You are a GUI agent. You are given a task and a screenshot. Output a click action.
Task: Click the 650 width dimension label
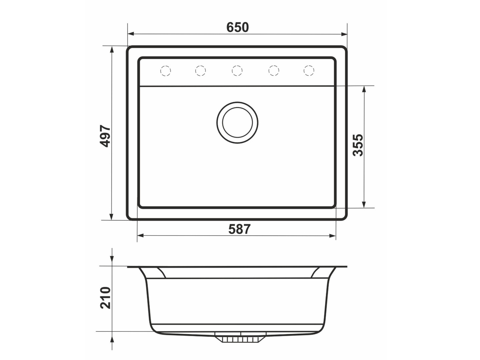(237, 27)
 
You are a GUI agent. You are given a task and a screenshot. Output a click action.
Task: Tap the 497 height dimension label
(105, 136)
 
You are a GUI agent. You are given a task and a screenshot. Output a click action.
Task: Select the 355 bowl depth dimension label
(358, 145)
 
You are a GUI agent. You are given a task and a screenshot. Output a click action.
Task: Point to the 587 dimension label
(239, 229)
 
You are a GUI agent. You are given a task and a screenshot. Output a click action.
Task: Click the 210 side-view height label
(105, 298)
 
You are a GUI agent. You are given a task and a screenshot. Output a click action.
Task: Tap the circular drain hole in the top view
(237, 122)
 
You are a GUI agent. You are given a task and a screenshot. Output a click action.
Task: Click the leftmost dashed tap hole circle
(166, 71)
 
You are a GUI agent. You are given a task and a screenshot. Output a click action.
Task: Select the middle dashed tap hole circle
(237, 70)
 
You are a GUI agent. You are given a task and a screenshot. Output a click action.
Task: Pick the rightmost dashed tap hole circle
(309, 70)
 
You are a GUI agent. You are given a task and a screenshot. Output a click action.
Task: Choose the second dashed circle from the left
(200, 70)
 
